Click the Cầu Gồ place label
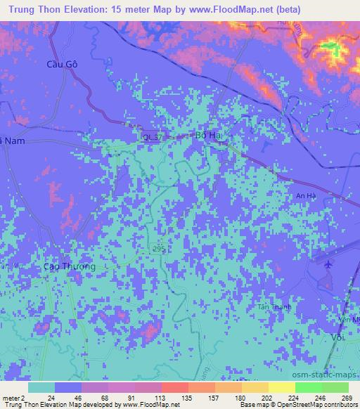[60, 64]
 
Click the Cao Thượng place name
[65, 266]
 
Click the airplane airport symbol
[329, 264]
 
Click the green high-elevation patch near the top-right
[332, 48]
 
